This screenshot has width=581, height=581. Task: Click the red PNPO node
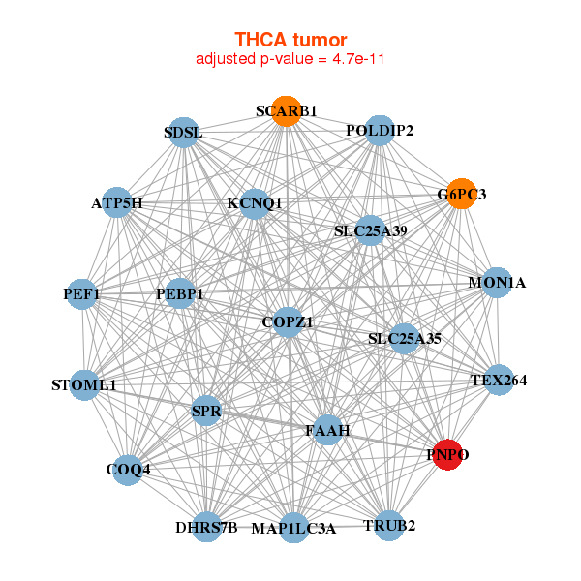[x=446, y=454]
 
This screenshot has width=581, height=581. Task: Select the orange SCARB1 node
[x=286, y=111]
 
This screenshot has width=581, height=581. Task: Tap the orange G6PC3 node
[x=461, y=194]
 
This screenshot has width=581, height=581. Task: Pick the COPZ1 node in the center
[x=288, y=322]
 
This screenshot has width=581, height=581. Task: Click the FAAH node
[x=327, y=429]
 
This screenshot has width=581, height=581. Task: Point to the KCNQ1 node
[x=255, y=203]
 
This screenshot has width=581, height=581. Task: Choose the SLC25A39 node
[x=371, y=230]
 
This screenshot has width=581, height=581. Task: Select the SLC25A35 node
[x=405, y=339]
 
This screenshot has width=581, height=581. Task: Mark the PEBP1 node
[x=181, y=292]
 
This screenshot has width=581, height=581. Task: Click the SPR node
[x=206, y=412]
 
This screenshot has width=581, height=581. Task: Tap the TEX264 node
[x=499, y=380]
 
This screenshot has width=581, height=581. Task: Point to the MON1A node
[x=497, y=283]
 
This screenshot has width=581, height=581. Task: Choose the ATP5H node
[x=117, y=203]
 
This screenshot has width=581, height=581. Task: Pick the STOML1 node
[x=84, y=385]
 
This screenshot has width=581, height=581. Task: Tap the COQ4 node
[x=128, y=471]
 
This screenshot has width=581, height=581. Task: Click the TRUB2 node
[x=389, y=526]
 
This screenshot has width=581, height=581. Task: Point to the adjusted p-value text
[x=290, y=59]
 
